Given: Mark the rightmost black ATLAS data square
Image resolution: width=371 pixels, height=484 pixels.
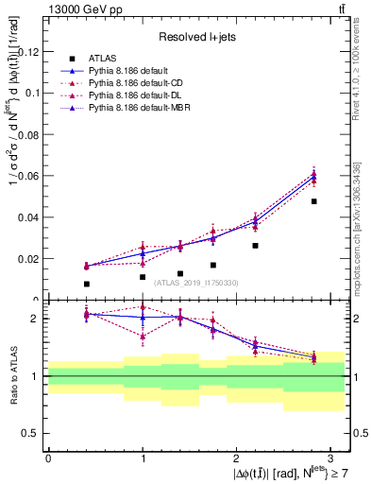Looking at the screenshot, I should (313, 201).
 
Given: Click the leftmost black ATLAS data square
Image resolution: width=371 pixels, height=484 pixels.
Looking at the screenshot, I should (86, 284).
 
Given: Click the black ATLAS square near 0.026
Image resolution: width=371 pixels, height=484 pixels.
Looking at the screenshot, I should (255, 246).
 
